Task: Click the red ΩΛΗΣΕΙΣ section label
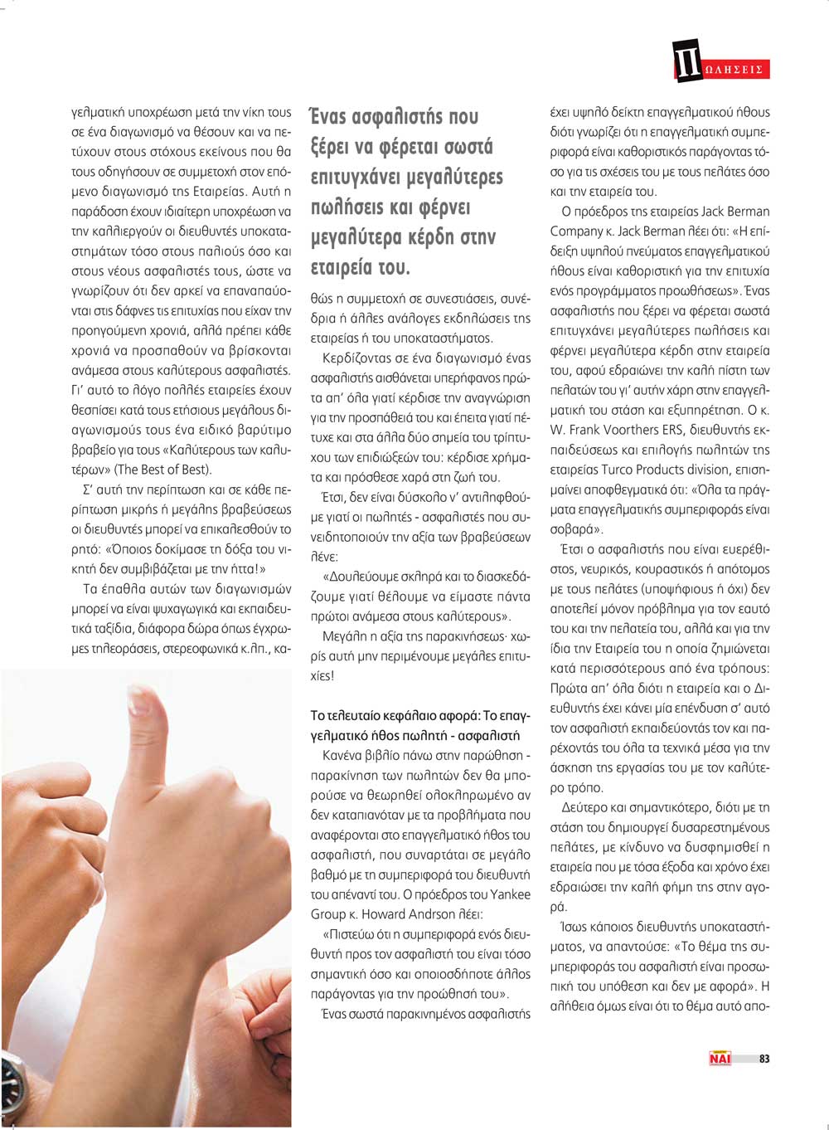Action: click(x=734, y=70)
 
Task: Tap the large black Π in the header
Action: click(x=687, y=61)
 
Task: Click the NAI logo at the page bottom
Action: click(x=719, y=1058)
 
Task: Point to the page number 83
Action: click(x=764, y=1059)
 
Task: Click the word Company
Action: click(x=575, y=231)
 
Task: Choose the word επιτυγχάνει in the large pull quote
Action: click(x=354, y=177)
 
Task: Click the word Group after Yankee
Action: click(x=327, y=913)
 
